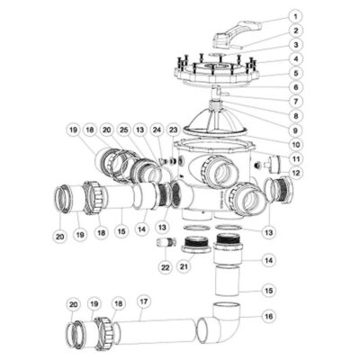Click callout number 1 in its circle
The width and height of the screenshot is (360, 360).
point(296,16)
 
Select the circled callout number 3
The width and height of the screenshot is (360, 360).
point(296,44)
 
